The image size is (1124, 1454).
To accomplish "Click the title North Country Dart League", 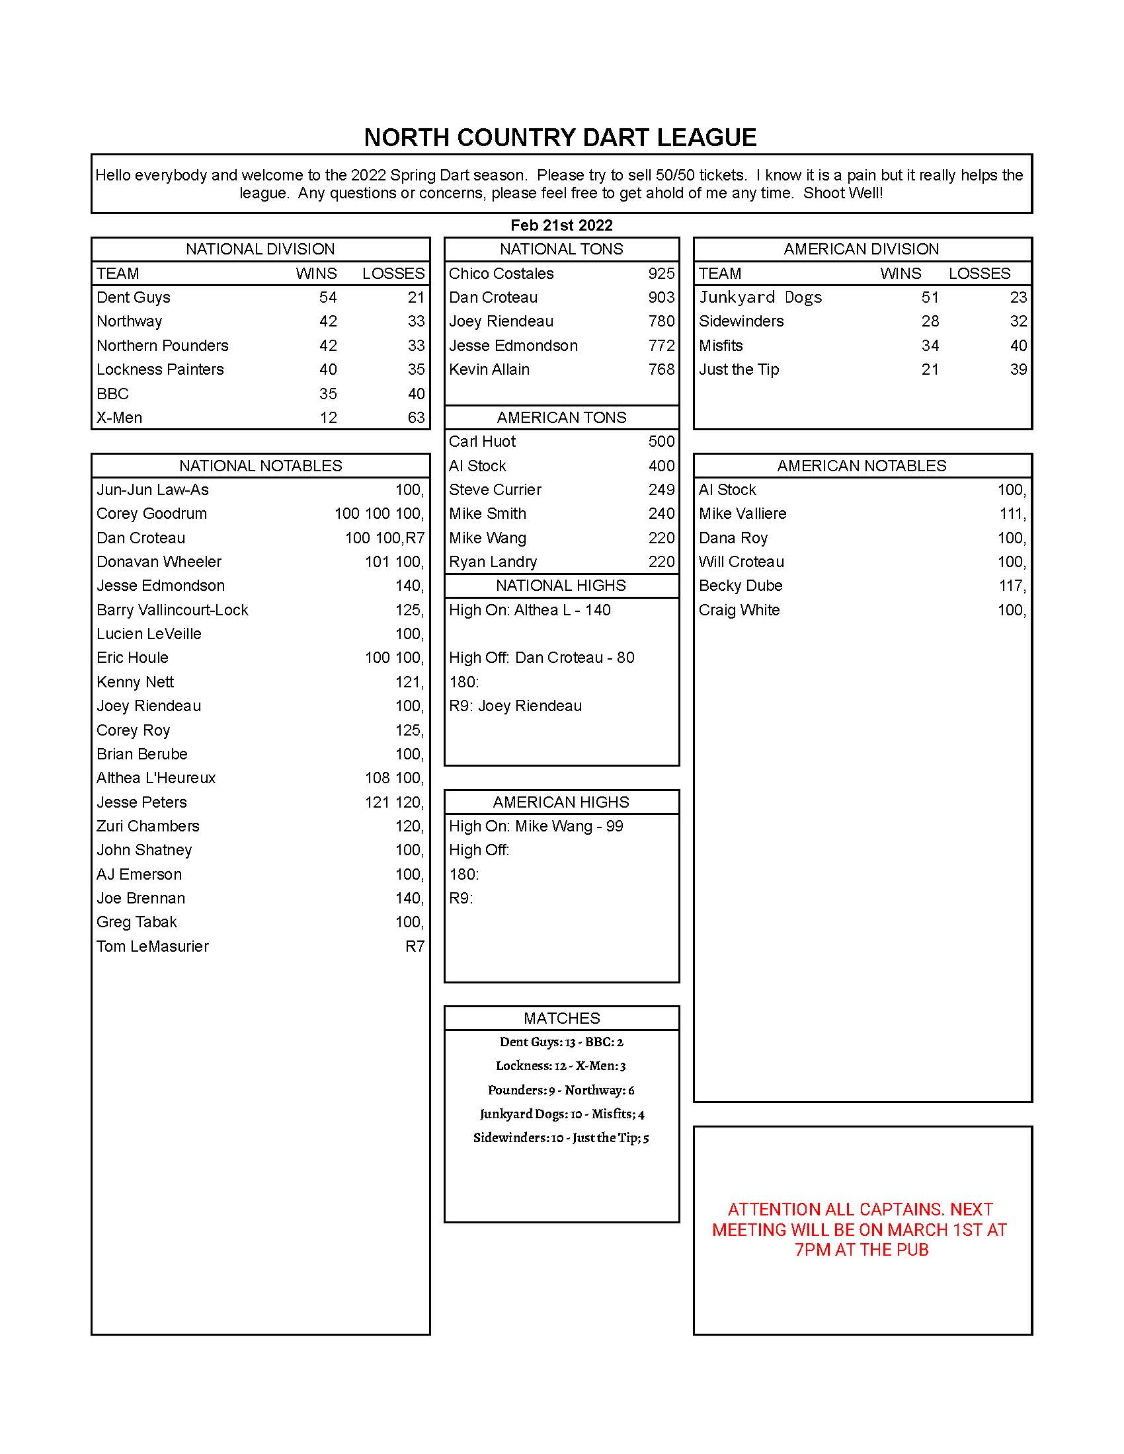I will coord(560,138).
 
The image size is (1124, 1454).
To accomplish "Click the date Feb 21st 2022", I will coord(561,225).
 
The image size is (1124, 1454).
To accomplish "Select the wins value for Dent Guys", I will coord(327,297).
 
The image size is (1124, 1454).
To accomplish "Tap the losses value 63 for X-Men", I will coord(415,418).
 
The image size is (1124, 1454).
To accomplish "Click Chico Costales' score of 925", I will coord(661,274).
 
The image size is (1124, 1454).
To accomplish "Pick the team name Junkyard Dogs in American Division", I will coord(760,297).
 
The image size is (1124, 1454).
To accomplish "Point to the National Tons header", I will coord(561,249).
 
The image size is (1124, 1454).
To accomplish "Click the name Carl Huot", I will coord(482,441).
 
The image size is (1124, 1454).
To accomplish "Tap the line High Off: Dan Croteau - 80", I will coord(542,658).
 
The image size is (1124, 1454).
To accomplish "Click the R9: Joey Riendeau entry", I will coord(516,706).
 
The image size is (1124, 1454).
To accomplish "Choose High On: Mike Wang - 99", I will coord(536,826).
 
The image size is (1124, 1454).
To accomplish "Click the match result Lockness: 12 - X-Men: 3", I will coord(561,1066).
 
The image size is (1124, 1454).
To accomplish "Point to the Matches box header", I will coord(561,1018).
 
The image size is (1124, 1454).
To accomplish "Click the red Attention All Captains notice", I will coord(860,1229).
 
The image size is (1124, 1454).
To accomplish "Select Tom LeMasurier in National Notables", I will coord(153,946).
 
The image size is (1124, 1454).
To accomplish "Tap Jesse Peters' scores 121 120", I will coord(393,802).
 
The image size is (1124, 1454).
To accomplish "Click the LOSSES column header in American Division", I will coord(979,274).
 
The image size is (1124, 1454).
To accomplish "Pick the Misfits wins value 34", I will coord(930,346).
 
